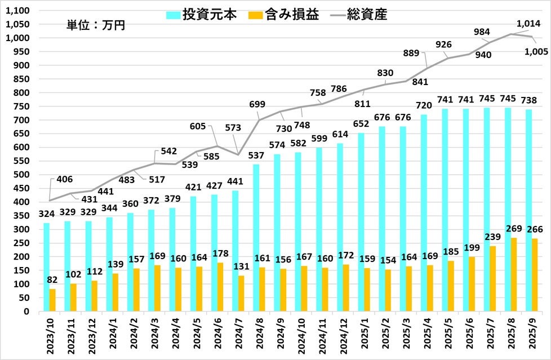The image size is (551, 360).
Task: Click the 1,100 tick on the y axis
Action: pos(18,11)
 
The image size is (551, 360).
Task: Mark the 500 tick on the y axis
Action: pos(22,175)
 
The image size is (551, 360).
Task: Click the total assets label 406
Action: pos(65,180)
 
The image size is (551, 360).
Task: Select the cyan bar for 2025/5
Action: pos(445,210)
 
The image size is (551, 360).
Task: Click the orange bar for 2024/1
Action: pos(115,292)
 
